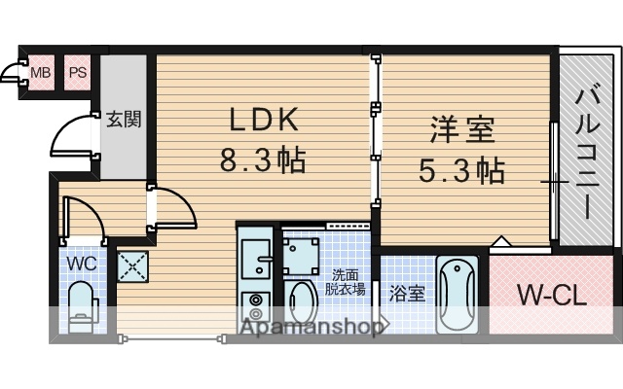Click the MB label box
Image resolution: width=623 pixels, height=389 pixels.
tap(39, 72)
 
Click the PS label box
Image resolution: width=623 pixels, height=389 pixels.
tap(77, 72)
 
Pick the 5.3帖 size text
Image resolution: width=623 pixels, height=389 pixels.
tap(463, 171)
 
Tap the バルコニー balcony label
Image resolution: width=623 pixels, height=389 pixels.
tap(586, 150)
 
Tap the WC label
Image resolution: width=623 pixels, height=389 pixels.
tap(80, 263)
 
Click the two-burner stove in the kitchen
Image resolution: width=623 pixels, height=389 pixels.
tap(256, 306)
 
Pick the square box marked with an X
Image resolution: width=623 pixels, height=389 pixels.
tap(130, 265)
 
